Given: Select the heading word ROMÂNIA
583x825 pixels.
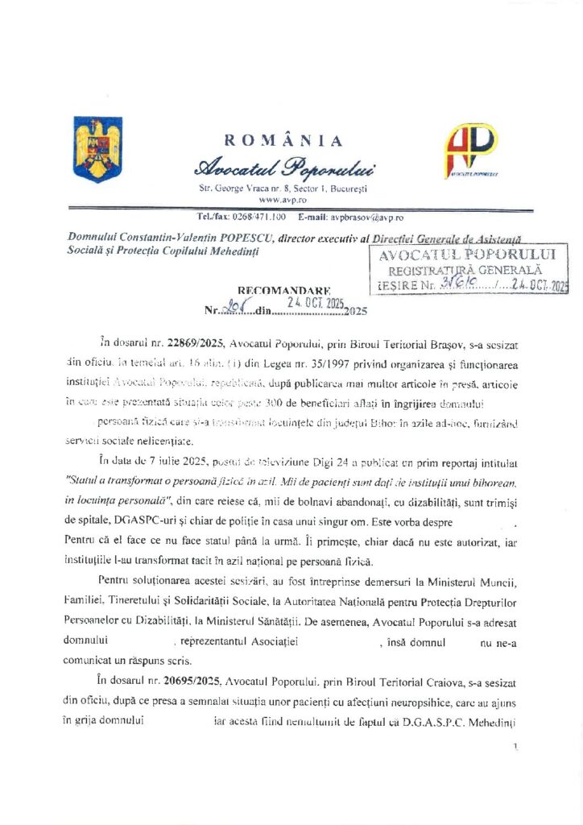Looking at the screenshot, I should pos(283,141).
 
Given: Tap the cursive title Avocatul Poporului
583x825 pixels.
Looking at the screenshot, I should pos(283,168).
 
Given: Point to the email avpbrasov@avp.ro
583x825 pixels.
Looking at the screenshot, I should pos(362,218).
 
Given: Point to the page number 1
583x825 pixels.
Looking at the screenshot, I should pos(514,748).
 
